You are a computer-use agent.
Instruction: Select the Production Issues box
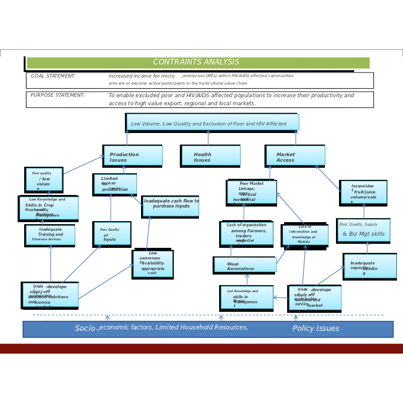pos(133,156)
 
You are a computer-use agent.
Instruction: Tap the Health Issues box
pos(211,156)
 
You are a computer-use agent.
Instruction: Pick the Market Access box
pos(295,156)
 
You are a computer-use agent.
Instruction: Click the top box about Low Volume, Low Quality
pos(212,122)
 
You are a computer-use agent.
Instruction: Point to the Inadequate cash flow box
pos(170,207)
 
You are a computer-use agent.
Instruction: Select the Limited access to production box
pos(115,184)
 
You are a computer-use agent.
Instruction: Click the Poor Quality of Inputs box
pos(112,234)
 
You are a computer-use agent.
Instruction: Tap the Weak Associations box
pos(245,265)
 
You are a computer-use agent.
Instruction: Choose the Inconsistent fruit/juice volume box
pos(364,192)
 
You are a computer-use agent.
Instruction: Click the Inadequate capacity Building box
pos(370,266)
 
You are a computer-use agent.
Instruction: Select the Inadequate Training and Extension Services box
pos(50,235)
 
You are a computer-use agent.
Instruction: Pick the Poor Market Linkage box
pos(251,192)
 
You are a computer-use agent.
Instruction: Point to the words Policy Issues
pos(316,329)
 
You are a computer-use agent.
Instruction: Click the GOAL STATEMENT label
pos(53,76)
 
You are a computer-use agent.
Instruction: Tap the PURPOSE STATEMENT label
pos(57,95)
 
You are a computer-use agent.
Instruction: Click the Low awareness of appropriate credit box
pos(153,263)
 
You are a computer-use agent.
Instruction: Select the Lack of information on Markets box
pos(305,235)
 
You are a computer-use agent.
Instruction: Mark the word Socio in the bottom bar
pos(85,329)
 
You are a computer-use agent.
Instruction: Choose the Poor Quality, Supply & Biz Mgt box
pos(363,230)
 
